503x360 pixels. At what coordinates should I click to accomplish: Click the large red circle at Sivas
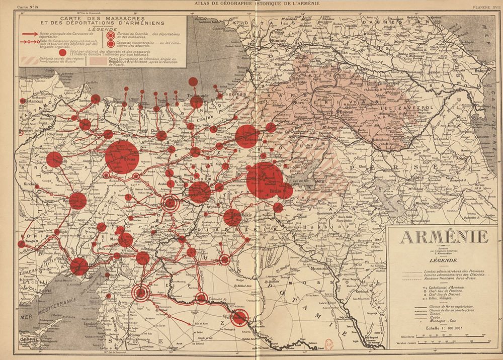coord(121,157)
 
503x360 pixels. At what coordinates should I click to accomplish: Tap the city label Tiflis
coord(343,52)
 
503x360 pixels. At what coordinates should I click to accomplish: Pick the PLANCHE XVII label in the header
coord(484,6)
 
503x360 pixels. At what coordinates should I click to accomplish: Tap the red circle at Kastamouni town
coord(23,101)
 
